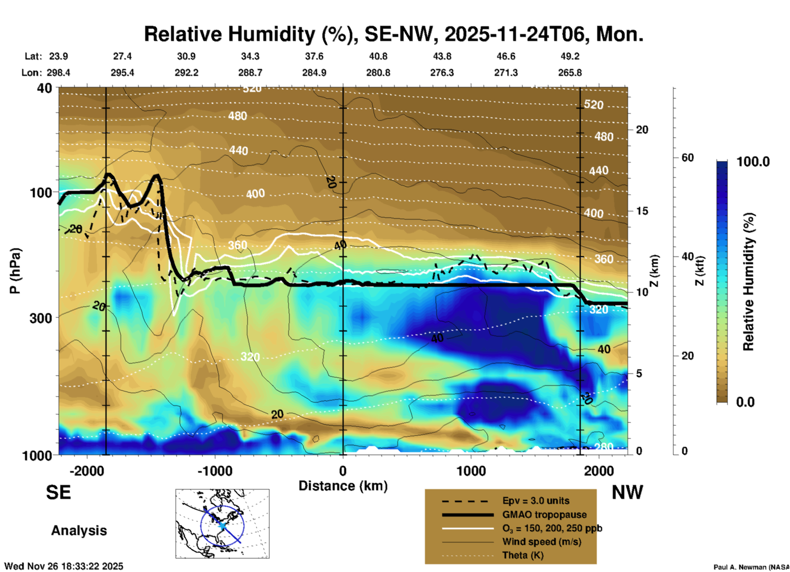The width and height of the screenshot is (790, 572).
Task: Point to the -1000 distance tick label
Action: (215, 471)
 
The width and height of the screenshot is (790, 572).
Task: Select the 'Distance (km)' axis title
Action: (343, 486)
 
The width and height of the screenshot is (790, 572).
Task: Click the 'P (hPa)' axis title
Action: (15, 271)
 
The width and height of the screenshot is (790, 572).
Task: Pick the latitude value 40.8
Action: (378, 56)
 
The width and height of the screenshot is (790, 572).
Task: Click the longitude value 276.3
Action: (442, 73)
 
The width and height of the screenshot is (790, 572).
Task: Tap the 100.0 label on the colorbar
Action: (753, 162)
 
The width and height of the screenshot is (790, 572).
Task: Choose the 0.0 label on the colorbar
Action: (745, 402)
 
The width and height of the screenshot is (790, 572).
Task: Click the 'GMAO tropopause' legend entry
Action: (544, 515)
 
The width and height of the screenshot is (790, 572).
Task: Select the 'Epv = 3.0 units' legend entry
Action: (536, 501)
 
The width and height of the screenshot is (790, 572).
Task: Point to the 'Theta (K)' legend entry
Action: (523, 555)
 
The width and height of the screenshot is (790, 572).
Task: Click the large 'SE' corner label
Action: (58, 492)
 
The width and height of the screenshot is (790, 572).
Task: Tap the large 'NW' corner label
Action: (627, 492)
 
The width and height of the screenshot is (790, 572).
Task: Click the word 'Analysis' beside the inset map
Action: (79, 530)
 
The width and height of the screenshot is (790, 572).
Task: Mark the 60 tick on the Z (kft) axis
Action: (687, 158)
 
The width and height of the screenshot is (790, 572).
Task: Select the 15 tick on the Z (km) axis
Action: (642, 211)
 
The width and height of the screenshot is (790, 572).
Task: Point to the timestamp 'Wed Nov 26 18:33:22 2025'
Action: (64, 566)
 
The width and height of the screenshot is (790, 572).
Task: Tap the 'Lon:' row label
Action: (32, 73)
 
